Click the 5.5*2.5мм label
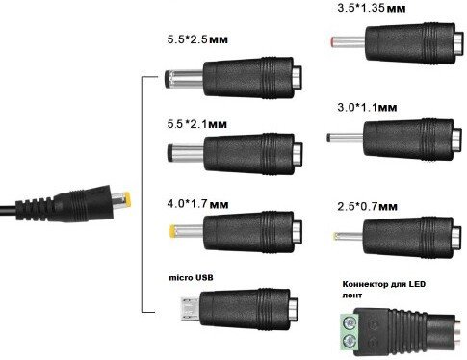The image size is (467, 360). [x=197, y=39]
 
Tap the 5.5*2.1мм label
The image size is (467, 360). [x=197, y=124]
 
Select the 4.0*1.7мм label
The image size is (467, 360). [x=197, y=204]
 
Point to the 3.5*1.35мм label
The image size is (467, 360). [x=372, y=8]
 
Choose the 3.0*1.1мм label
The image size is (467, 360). [x=367, y=107]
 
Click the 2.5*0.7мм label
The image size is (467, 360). [x=367, y=206]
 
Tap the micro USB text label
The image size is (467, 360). [x=191, y=277]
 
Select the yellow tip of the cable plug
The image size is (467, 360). [x=127, y=200]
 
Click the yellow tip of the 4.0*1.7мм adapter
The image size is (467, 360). [x=172, y=231]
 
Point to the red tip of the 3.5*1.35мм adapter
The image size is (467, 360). [x=333, y=41]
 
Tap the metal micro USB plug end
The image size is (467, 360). [x=190, y=309]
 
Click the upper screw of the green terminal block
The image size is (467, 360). [x=350, y=321]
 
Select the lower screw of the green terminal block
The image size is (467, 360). [x=350, y=341]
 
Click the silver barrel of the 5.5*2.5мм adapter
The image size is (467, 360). [x=184, y=80]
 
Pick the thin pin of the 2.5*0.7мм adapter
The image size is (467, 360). [x=348, y=237]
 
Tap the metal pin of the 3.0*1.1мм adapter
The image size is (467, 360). [x=345, y=138]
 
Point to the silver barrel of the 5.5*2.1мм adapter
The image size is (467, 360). [x=186, y=153]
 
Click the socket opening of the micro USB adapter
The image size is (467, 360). [x=295, y=308]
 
